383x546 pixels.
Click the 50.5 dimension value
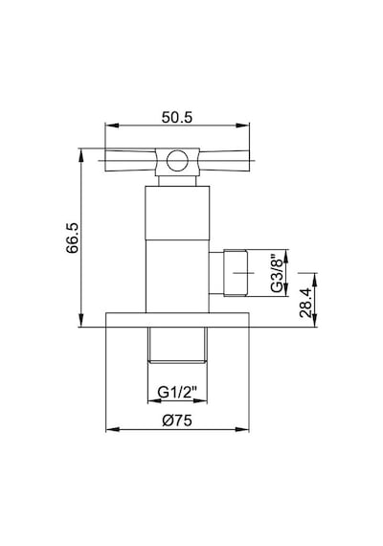tap(177, 118)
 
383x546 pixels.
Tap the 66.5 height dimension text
tap(74, 238)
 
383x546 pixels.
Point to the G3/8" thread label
tap(277, 273)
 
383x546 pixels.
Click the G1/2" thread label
tap(177, 393)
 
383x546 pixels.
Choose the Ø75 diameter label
tap(177, 421)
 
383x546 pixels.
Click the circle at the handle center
tap(177, 161)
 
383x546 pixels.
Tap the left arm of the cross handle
tap(130, 161)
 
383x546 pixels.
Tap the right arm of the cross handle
tap(224, 161)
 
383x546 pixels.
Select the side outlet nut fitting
tap(237, 273)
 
